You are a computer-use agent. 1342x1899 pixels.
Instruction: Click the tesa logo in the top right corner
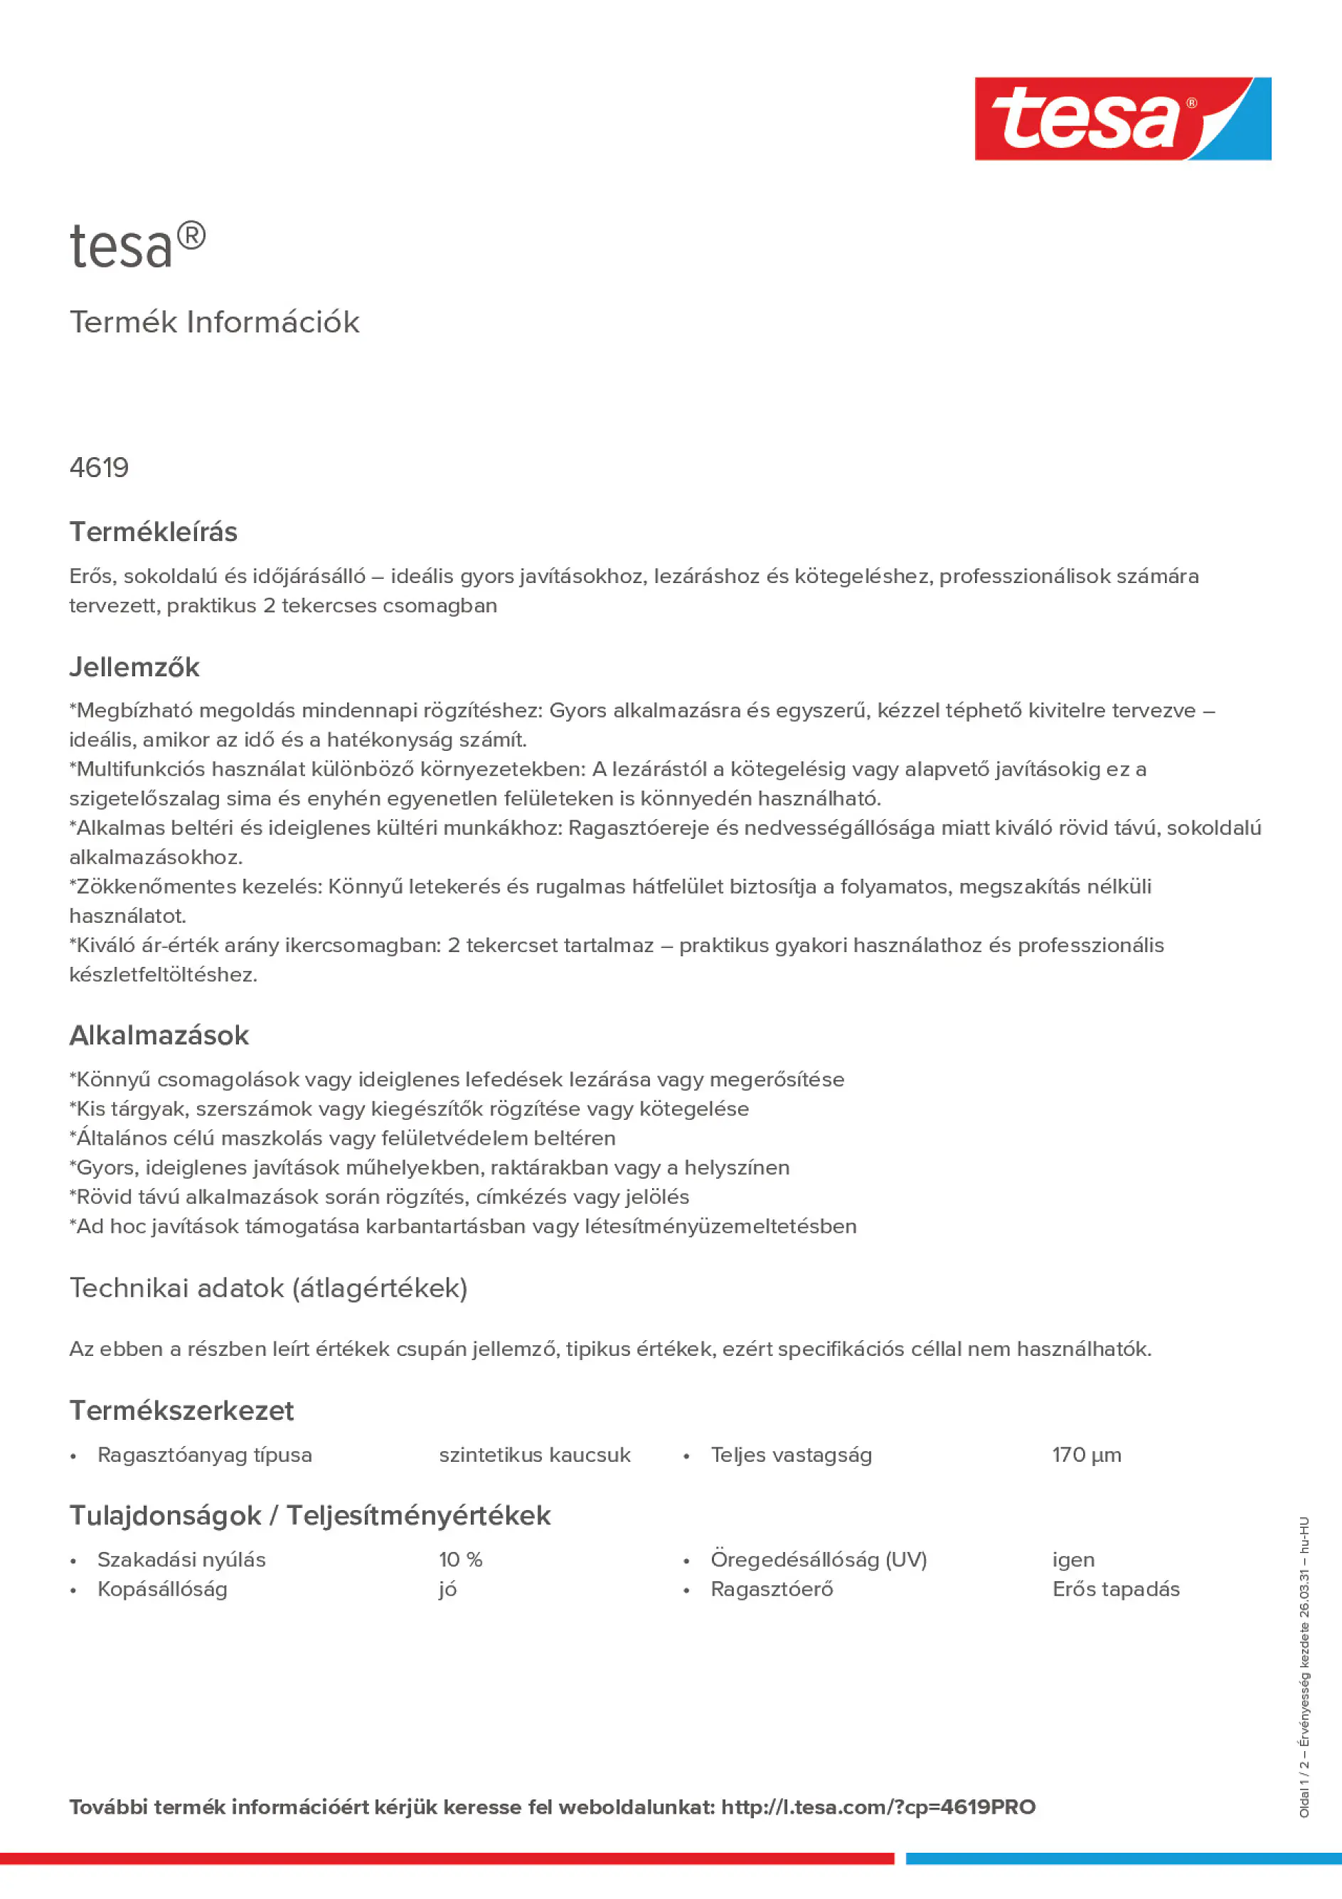pyautogui.click(x=1122, y=118)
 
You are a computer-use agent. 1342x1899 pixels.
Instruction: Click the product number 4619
pyautogui.click(x=100, y=468)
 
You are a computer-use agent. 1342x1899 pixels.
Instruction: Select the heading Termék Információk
pyautogui.click(x=214, y=323)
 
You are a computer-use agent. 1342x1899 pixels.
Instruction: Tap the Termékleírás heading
pyautogui.click(x=153, y=532)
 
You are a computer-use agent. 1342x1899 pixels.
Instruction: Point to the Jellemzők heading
pyautogui.click(x=134, y=668)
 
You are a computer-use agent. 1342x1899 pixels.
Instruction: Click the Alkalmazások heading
pyautogui.click(x=159, y=1035)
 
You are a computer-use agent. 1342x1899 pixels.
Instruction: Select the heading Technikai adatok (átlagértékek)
pyautogui.click(x=268, y=1288)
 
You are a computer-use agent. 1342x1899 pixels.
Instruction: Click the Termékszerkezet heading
pyautogui.click(x=181, y=1410)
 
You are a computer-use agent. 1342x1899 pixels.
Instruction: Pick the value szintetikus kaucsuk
pyautogui.click(x=535, y=1455)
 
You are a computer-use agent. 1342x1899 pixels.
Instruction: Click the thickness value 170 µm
pyautogui.click(x=1087, y=1455)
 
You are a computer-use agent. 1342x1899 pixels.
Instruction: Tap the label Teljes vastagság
pyautogui.click(x=791, y=1455)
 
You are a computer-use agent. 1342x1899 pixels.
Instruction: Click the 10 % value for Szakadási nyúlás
pyautogui.click(x=461, y=1559)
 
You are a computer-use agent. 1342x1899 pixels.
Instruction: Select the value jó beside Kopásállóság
pyautogui.click(x=447, y=1590)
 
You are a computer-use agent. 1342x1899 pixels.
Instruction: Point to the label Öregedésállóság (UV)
pyautogui.click(x=819, y=1559)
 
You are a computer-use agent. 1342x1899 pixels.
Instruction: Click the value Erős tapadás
pyautogui.click(x=1115, y=1589)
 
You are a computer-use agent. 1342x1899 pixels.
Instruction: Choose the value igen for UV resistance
pyautogui.click(x=1073, y=1560)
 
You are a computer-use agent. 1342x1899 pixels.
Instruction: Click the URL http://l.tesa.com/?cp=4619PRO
pyautogui.click(x=878, y=1807)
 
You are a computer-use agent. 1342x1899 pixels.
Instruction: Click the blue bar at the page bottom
pyautogui.click(x=1123, y=1858)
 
